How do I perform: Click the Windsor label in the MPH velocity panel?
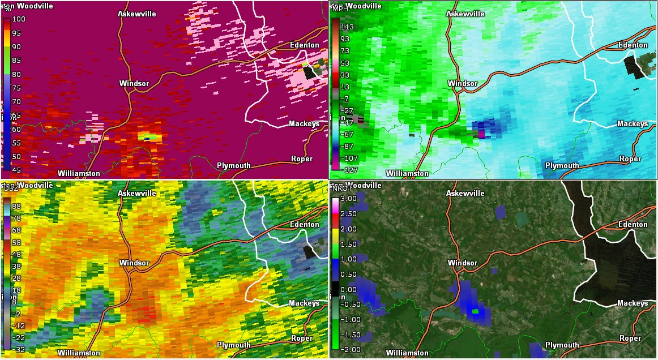point(463,84)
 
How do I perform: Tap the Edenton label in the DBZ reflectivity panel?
point(305,225)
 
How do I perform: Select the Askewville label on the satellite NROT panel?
point(465,194)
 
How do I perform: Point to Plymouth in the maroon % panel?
point(234,165)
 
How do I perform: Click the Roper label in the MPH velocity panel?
point(630,159)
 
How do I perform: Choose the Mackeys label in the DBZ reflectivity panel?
point(304,303)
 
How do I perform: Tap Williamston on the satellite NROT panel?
point(407,353)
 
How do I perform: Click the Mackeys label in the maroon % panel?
point(304,124)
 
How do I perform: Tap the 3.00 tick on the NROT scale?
point(348,198)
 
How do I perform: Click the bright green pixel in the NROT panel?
point(476,311)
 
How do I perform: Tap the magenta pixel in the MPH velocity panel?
point(482,135)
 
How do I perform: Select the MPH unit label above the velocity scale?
point(340,9)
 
